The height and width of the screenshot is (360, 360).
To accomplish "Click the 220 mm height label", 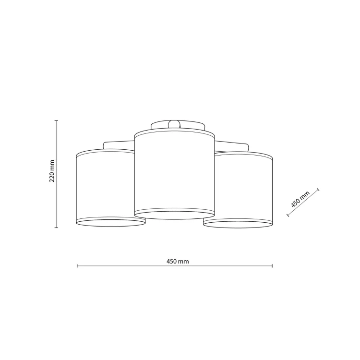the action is [52, 171].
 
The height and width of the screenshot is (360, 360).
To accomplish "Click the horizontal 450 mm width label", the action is [178, 261].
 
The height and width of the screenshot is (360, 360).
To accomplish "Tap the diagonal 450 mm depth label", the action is [300, 199].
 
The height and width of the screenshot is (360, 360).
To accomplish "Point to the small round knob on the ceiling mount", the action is [174, 124].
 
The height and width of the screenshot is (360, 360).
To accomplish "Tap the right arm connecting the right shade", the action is [232, 146].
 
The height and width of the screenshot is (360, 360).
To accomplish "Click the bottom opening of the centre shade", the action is [175, 215].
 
